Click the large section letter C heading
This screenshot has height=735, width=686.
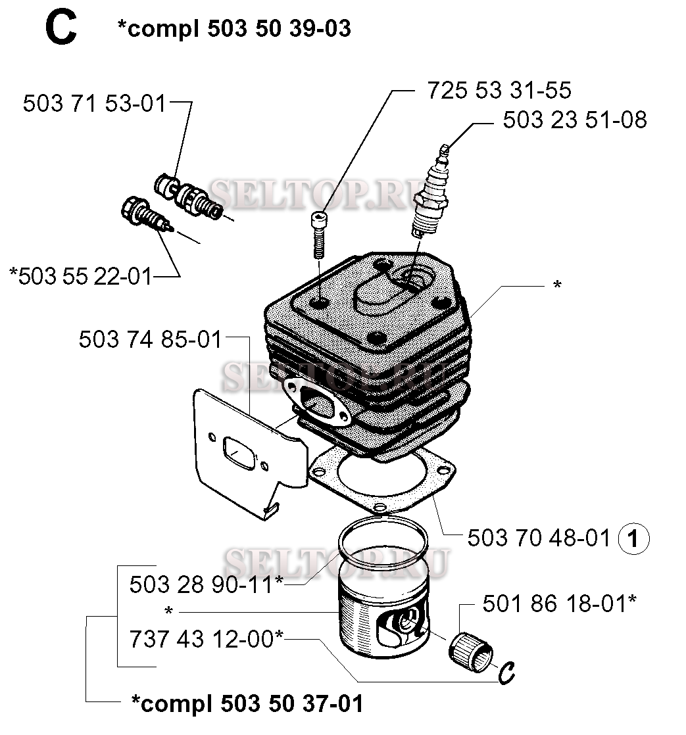coord(61,28)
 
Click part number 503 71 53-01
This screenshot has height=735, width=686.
coord(94,103)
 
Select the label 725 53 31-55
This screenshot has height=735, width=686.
coord(499,90)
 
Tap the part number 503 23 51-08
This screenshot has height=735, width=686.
coord(575,120)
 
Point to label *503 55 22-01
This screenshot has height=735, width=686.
coord(81,276)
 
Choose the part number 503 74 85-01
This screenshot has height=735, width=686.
coord(150,339)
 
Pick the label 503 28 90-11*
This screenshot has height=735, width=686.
coord(207,584)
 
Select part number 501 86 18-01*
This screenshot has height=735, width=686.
coord(560,604)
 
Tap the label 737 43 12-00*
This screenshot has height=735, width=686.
coord(207,639)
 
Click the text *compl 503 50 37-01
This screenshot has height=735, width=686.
coord(247,703)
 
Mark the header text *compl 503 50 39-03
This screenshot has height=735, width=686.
coord(234,28)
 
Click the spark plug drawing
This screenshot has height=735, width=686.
coord(430,192)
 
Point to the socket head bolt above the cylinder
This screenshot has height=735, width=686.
coord(319,235)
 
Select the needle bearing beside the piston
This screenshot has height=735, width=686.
coord(470,652)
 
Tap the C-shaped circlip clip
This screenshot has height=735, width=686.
coord(506,673)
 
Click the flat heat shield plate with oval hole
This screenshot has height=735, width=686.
coord(249,452)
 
